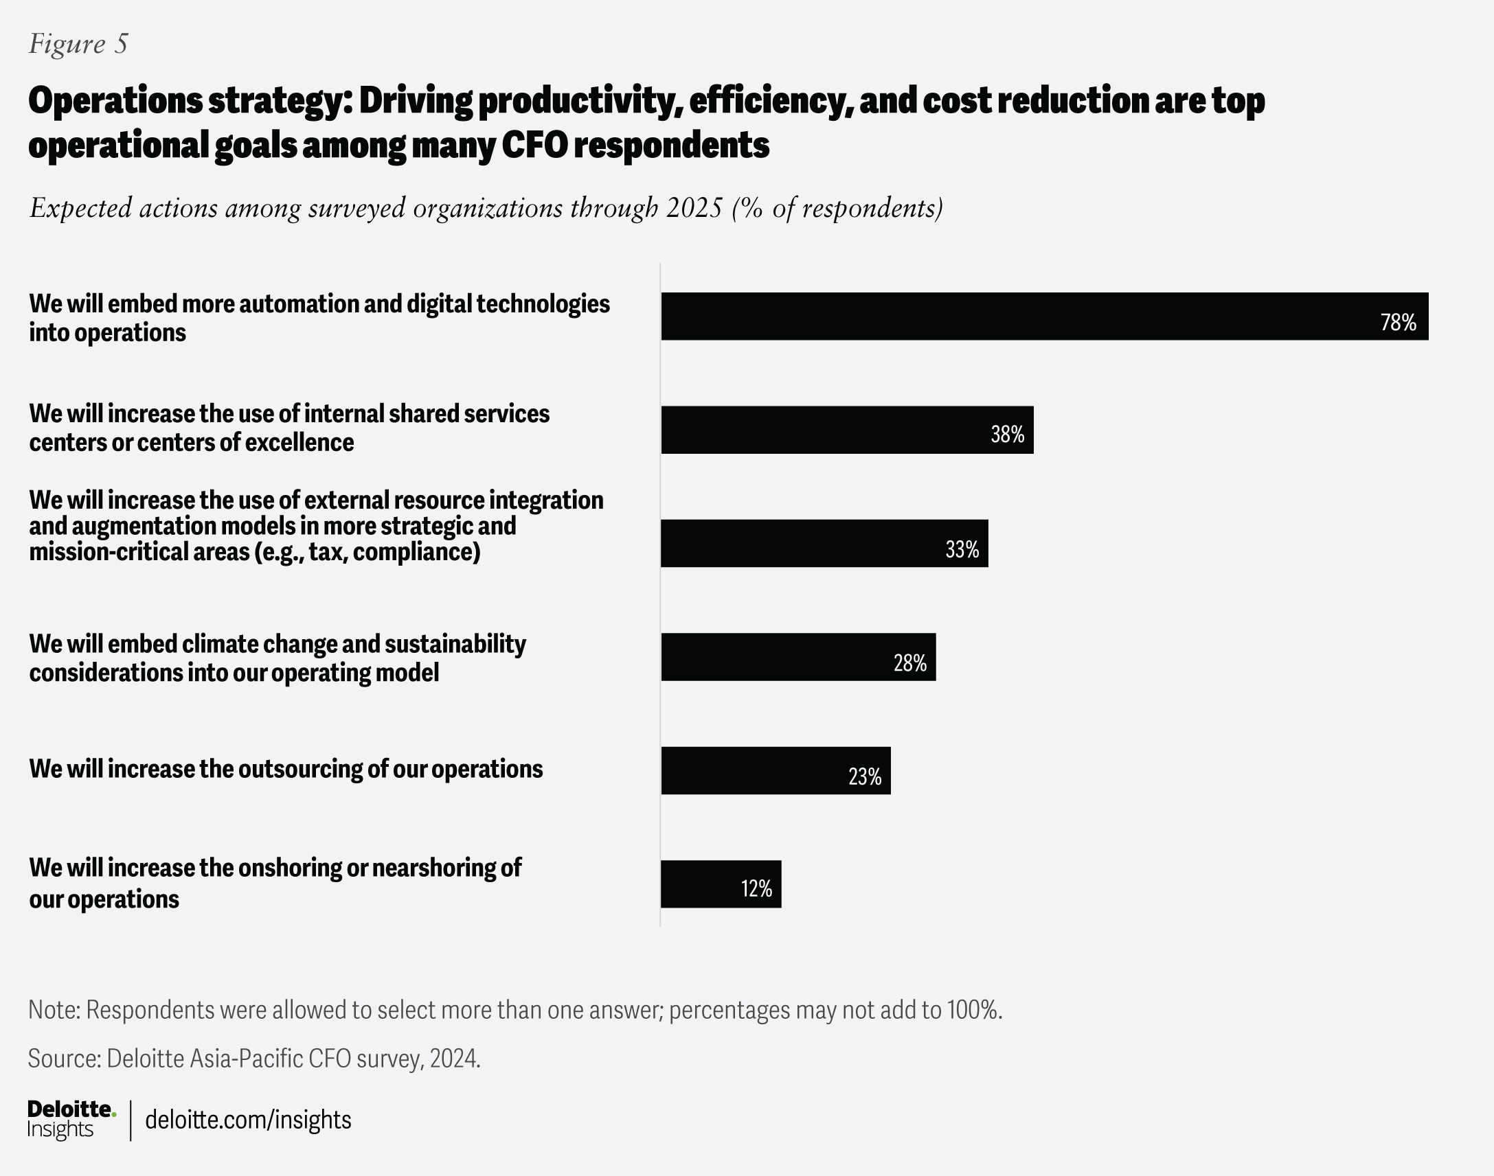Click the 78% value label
[1398, 322]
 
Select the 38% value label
[1007, 435]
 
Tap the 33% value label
[962, 549]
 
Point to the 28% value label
[910, 663]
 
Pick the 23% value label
[864, 776]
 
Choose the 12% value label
[756, 889]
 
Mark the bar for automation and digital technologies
[999, 316]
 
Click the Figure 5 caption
[78, 44]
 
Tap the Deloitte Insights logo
[70, 1119]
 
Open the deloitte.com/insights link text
[248, 1120]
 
